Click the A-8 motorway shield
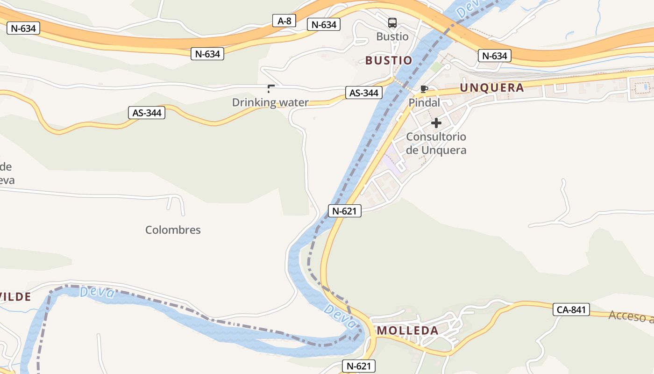(x=284, y=21)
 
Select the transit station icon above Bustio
(x=392, y=22)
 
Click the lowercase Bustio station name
(x=392, y=36)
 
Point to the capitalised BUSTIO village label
(x=389, y=60)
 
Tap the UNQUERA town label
(x=492, y=87)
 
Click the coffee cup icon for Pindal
(x=424, y=89)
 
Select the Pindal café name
(x=424, y=102)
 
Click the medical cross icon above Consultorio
(x=436, y=123)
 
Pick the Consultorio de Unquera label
(x=436, y=144)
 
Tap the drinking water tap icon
(x=270, y=88)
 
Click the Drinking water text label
(x=270, y=102)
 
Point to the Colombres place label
(x=173, y=230)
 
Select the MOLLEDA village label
(x=408, y=331)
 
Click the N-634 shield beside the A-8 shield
(x=324, y=24)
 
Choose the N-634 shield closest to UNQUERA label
(x=495, y=56)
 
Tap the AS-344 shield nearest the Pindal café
(x=363, y=93)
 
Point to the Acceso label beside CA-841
(x=631, y=316)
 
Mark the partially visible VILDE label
(x=16, y=296)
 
